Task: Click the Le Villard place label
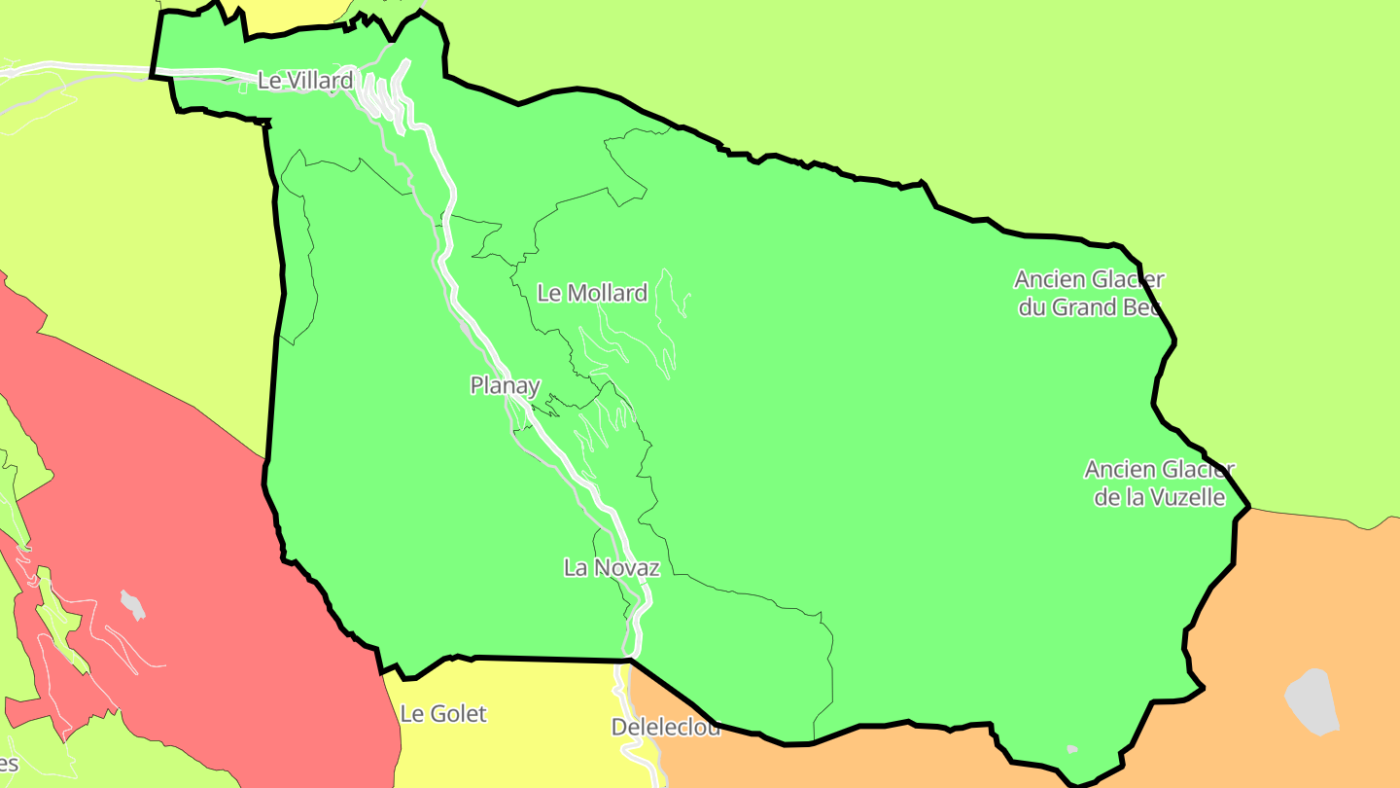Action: [x=304, y=81]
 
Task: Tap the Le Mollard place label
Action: [x=592, y=293]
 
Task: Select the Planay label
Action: [x=505, y=385]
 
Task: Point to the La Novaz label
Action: [x=612, y=568]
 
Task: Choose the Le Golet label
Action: [x=443, y=714]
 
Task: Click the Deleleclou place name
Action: [x=666, y=728]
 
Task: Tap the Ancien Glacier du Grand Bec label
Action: [x=1089, y=294]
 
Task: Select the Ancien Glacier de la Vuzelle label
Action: [x=1159, y=484]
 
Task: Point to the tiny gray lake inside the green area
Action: [x=1071, y=749]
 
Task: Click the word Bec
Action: [x=1139, y=307]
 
